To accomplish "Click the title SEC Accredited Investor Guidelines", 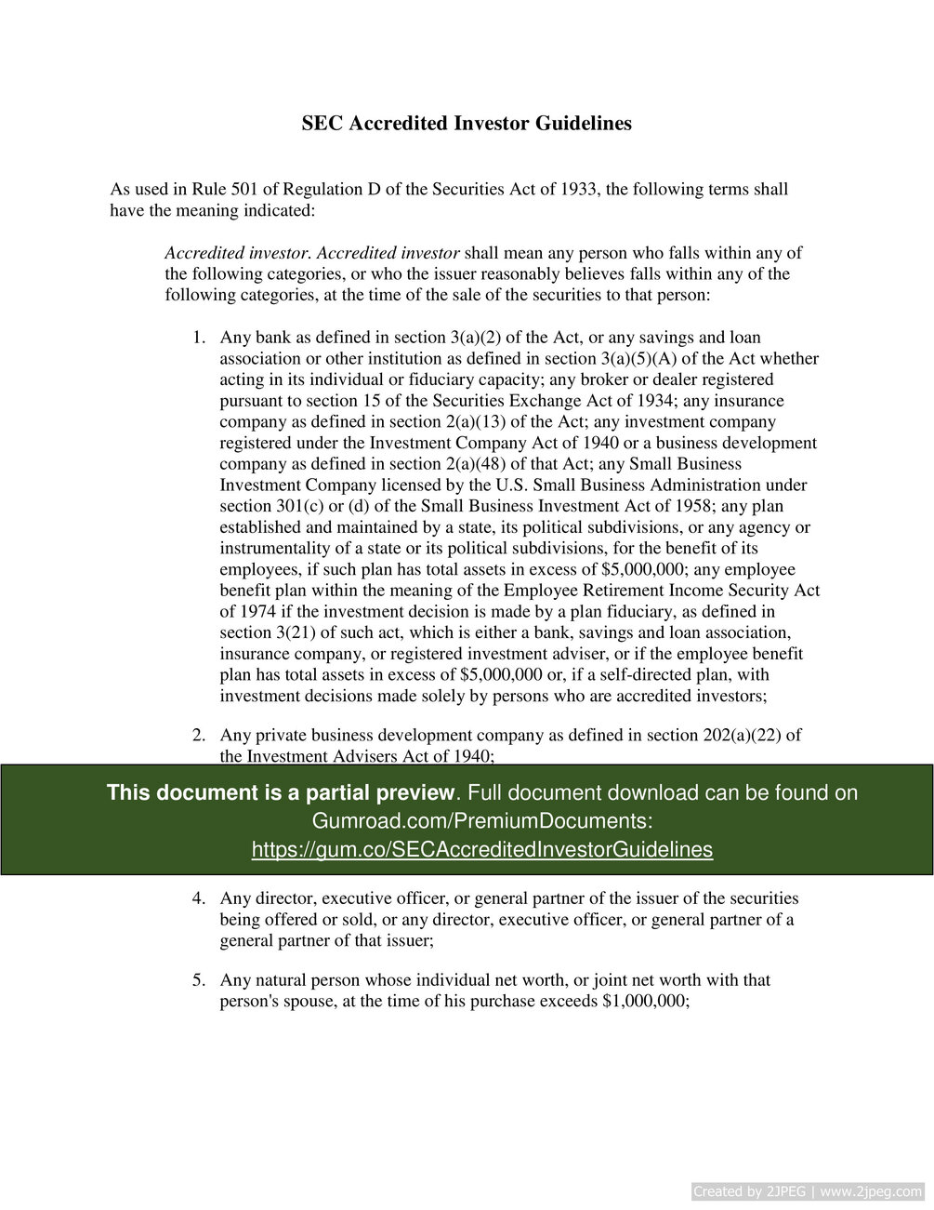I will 467,124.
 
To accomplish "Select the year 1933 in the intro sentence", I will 580,190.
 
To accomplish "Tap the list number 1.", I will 197,338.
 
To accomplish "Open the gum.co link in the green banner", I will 481,849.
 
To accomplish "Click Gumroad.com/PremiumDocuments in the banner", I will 481,821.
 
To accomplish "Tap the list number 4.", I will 198,898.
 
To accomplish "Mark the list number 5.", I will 198,980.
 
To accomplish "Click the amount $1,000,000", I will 644,1002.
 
